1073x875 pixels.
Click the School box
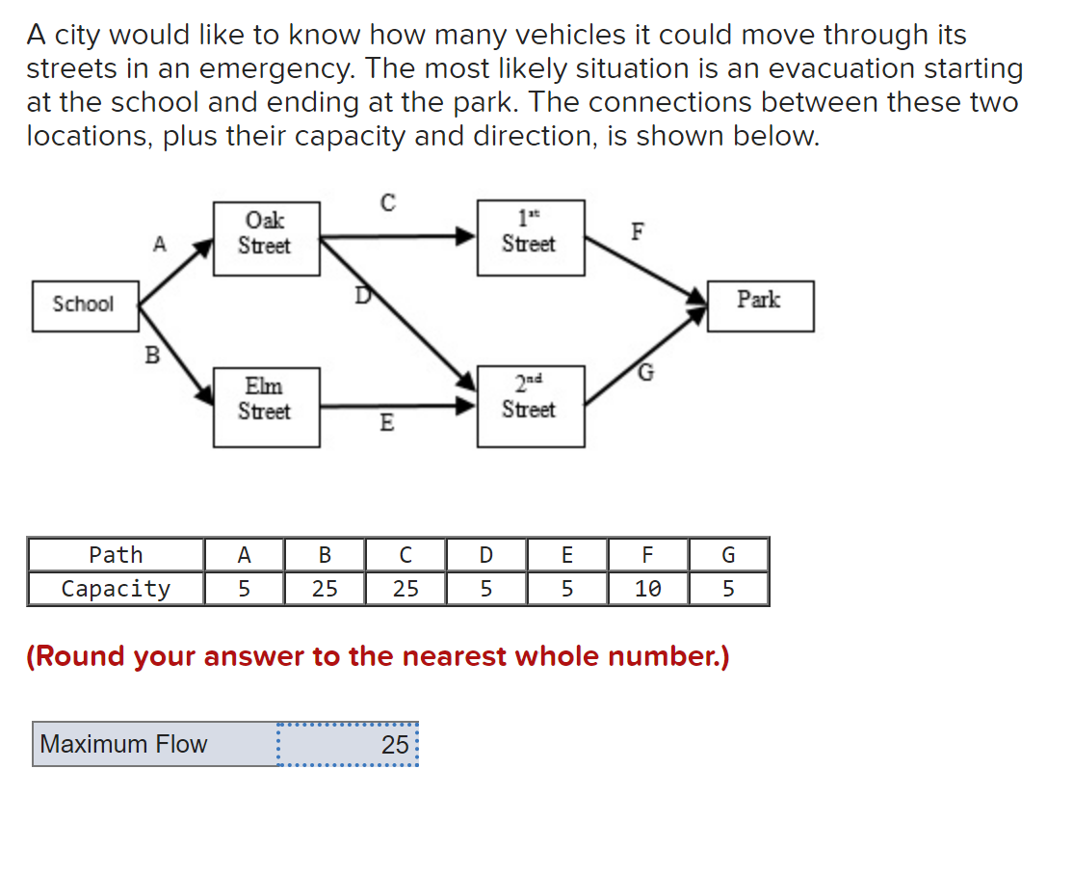[x=84, y=305]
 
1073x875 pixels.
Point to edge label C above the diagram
[x=387, y=203]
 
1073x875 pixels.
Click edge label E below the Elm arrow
[x=386, y=423]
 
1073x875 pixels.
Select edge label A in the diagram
[x=159, y=245]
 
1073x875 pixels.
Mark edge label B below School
[x=151, y=356]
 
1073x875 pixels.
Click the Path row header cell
[x=116, y=555]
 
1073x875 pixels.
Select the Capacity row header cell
[x=116, y=589]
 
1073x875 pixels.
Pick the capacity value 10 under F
[x=647, y=589]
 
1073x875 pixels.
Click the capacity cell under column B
[x=325, y=589]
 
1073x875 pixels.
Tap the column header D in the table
[x=486, y=555]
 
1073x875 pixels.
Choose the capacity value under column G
[x=728, y=589]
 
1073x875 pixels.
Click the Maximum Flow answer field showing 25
[x=348, y=744]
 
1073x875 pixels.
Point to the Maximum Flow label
[x=124, y=744]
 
